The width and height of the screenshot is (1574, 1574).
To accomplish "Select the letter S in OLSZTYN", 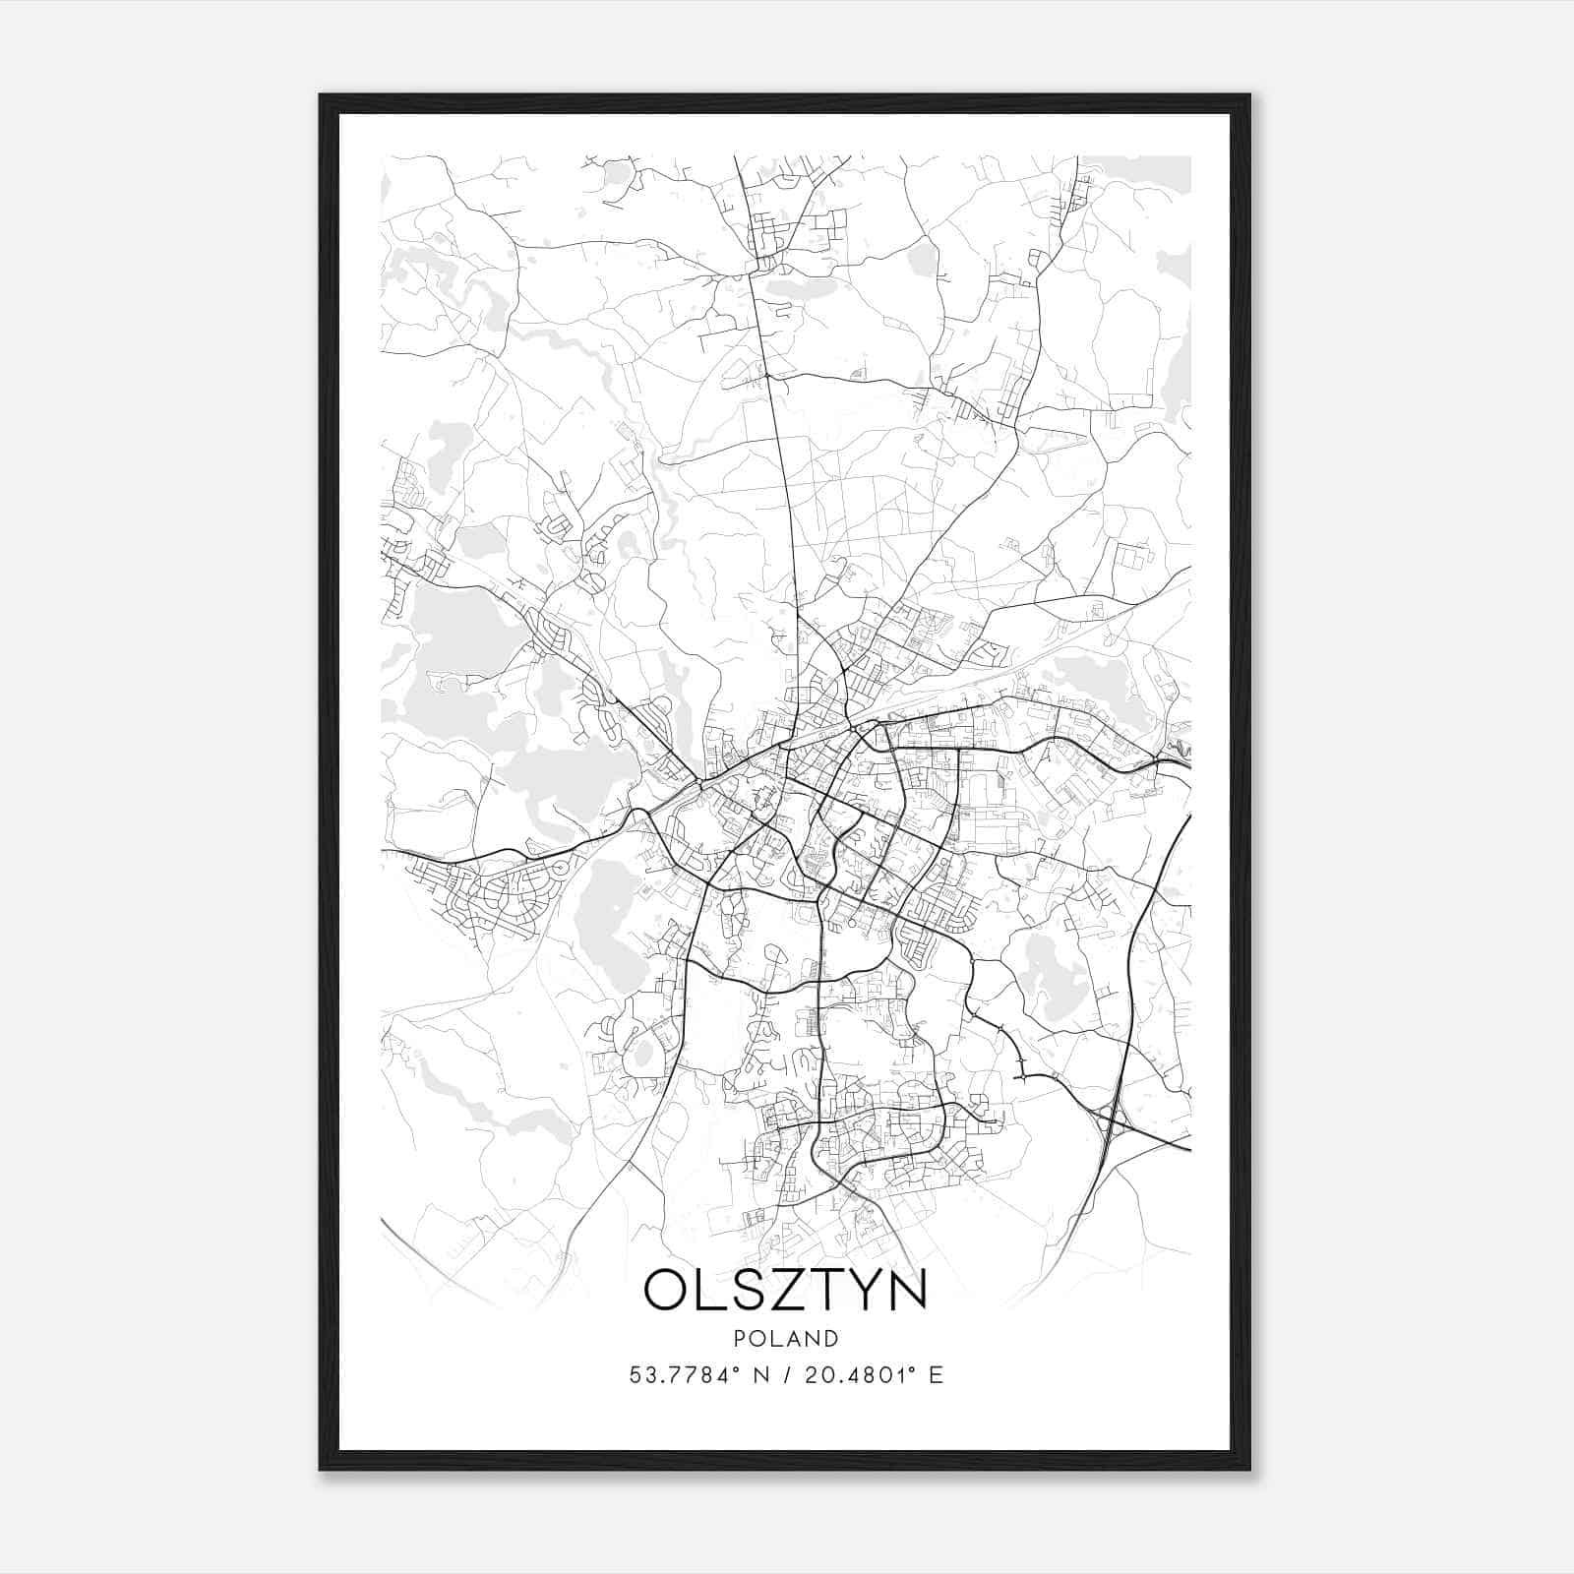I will tap(750, 1291).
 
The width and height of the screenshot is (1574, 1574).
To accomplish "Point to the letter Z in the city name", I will tap(790, 1291).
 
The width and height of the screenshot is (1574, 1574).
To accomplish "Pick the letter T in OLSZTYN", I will tap(828, 1291).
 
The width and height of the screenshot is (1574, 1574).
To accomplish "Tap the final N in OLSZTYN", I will tap(908, 1291).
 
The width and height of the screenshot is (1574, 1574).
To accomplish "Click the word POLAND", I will tap(785, 1339).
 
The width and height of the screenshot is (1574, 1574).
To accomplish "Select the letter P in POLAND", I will tap(738, 1339).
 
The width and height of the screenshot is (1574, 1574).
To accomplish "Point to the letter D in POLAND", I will tap(832, 1339).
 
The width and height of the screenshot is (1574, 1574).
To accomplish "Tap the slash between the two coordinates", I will tap(787, 1374).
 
